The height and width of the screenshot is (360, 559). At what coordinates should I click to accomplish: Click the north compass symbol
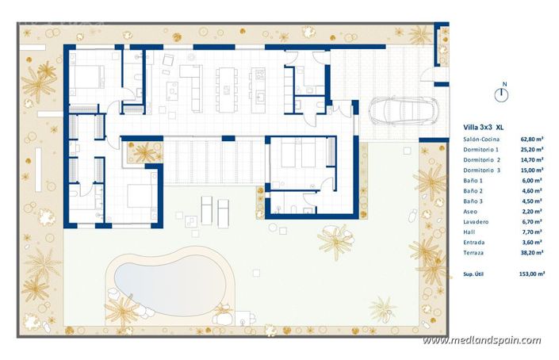tap(503, 94)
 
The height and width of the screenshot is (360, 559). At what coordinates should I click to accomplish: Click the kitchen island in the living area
tap(228, 87)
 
